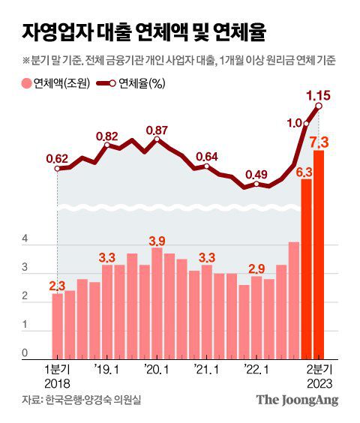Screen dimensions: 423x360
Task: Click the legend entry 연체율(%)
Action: tap(135, 83)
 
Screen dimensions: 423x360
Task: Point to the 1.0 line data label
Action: tap(295, 123)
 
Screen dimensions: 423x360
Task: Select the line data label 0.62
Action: tap(57, 158)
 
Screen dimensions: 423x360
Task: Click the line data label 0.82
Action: tap(107, 136)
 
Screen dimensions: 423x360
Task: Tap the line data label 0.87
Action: tap(157, 130)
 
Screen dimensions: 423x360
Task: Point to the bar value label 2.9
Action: tap(256, 268)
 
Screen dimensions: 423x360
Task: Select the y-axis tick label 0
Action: tap(25, 352)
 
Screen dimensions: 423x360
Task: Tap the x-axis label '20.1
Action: tap(157, 368)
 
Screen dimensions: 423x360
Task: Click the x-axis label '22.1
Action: tap(256, 368)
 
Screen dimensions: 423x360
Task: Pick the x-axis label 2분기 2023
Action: tap(319, 374)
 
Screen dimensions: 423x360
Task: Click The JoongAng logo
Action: tap(298, 400)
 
